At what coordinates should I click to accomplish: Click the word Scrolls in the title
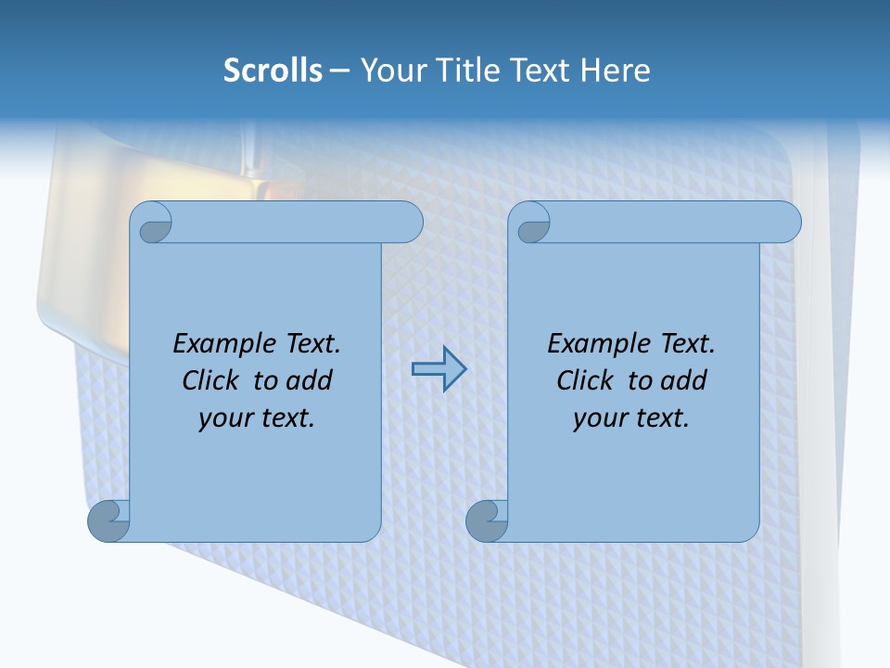tap(273, 71)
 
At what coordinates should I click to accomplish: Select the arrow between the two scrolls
tap(439, 369)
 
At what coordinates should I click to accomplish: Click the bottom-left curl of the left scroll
tap(109, 520)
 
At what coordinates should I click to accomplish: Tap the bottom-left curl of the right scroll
tap(486, 520)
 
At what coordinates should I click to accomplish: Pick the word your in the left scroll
tap(223, 418)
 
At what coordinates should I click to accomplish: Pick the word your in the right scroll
tap(599, 418)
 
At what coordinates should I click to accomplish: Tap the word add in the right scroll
tap(682, 380)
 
